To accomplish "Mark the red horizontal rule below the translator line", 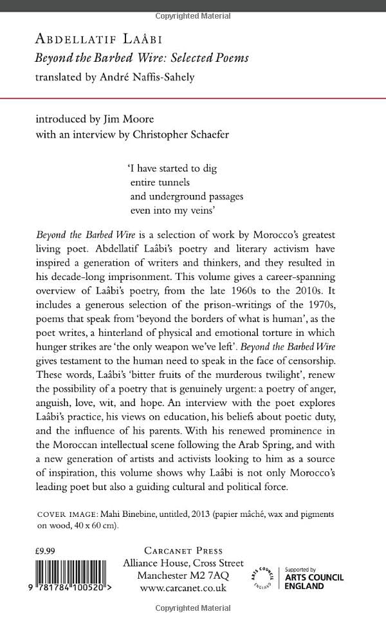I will click(x=193, y=97).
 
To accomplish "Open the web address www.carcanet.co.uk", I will click(x=181, y=587).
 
